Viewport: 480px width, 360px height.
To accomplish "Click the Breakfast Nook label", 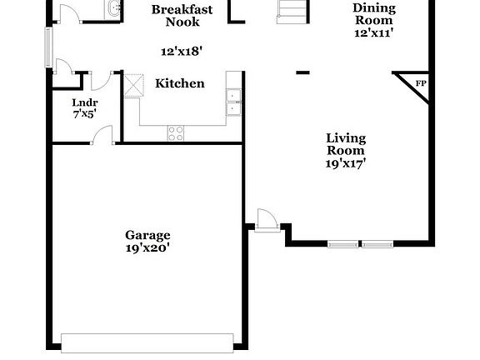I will coord(182,16).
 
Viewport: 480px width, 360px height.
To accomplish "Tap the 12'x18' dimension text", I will coord(182,51).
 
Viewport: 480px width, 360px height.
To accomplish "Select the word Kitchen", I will coord(180,83).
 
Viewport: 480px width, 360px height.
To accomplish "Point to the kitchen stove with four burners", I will coord(176,131).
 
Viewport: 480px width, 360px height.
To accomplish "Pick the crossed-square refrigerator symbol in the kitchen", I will coord(133,87).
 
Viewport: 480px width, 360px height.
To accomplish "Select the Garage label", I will coord(147,235).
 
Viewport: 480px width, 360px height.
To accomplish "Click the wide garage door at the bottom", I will coord(147,342).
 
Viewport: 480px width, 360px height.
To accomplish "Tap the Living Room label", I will coord(345,144).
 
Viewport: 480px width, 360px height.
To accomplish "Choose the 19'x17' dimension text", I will coord(345,163).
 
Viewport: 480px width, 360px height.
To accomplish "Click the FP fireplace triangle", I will coord(418,85).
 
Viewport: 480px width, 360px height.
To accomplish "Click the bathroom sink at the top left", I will coord(112,9).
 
